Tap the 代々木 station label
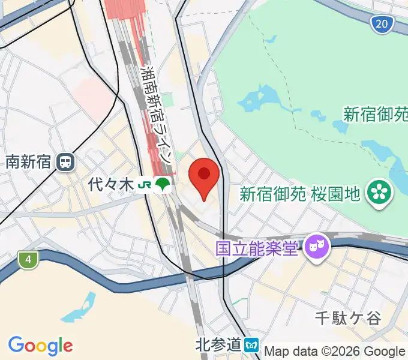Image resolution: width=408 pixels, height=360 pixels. tap(110, 185)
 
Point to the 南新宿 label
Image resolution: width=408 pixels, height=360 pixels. tap(28, 161)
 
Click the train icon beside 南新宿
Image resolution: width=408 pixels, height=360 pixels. tap(65, 161)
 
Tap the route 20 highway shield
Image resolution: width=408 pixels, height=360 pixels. tap(382, 24)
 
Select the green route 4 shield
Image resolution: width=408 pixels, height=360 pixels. tap(27, 260)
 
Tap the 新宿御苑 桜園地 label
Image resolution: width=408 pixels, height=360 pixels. tap(300, 193)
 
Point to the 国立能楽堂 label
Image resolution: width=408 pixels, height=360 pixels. tap(257, 247)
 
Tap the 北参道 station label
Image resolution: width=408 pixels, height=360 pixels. tap(218, 344)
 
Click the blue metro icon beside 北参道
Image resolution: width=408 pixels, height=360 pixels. tap(252, 345)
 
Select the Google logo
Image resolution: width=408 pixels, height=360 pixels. tap(41, 346)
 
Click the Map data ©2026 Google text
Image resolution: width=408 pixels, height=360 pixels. tap(335, 352)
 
